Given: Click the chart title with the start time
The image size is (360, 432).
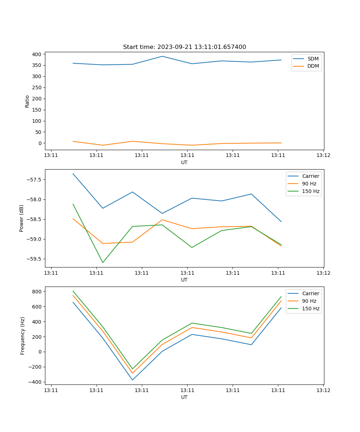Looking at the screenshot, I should (x=184, y=47).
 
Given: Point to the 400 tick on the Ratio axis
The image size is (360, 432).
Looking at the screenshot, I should (x=37, y=54).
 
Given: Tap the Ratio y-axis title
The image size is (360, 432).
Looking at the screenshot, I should (x=27, y=101).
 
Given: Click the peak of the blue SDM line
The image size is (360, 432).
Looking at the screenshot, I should (x=162, y=56).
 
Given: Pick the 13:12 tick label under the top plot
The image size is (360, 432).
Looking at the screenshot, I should (x=323, y=156).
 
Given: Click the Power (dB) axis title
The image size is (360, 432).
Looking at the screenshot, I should (x=22, y=218).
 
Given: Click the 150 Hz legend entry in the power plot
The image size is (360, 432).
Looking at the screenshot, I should (x=311, y=191).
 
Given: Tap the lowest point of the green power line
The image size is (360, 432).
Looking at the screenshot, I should (x=103, y=262).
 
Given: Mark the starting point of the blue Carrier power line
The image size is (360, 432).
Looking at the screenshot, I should (x=73, y=174).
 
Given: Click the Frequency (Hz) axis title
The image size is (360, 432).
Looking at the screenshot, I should (x=22, y=336).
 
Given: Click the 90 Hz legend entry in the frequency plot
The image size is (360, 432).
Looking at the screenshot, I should (x=309, y=301).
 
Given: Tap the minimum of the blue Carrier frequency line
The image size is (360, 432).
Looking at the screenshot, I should (x=132, y=380).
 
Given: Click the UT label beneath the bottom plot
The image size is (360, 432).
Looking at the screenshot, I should (x=184, y=397).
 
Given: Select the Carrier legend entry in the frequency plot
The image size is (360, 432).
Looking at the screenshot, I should (x=310, y=293).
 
